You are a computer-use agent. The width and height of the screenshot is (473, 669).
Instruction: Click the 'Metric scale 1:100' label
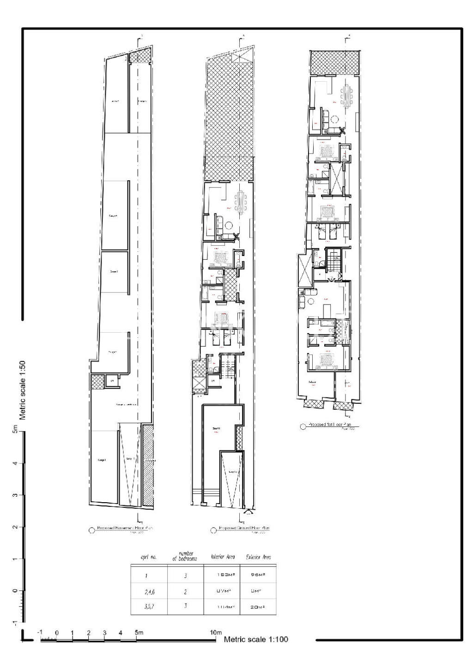256,639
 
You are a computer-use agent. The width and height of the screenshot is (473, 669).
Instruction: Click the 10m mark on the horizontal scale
216,632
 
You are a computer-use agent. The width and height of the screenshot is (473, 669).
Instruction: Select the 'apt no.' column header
149,557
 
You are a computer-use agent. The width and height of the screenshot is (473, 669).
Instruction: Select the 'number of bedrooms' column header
185,556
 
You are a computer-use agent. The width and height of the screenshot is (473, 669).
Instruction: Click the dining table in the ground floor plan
241,201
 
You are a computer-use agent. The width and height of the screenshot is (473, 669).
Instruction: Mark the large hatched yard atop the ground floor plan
230,111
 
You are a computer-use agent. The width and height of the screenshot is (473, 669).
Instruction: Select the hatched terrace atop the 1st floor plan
334,62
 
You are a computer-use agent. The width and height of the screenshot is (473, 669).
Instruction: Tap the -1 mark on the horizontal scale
40,633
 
